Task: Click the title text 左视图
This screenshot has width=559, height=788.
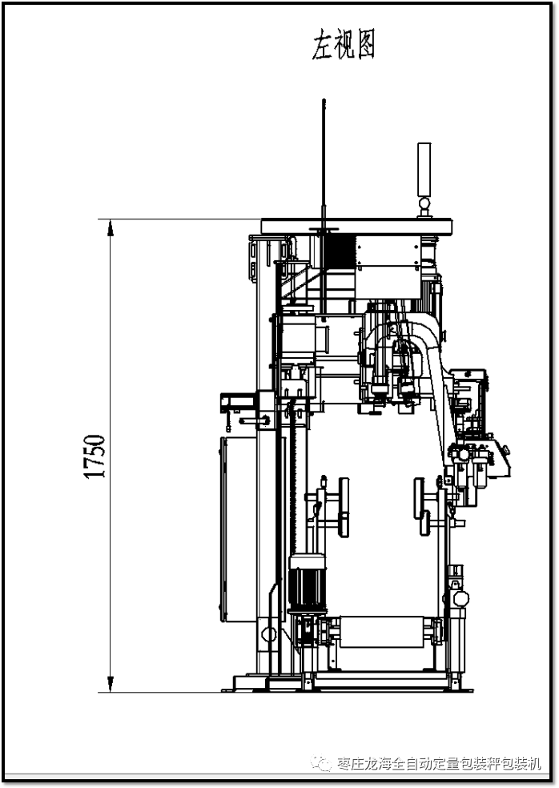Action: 343,44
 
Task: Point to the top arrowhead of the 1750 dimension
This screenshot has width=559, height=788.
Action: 111,227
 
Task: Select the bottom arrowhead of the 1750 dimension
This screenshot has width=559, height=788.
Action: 111,683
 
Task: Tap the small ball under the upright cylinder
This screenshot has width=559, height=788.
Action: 424,203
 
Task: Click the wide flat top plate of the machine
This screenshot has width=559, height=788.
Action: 356,227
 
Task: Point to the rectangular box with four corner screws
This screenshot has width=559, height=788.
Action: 388,251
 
